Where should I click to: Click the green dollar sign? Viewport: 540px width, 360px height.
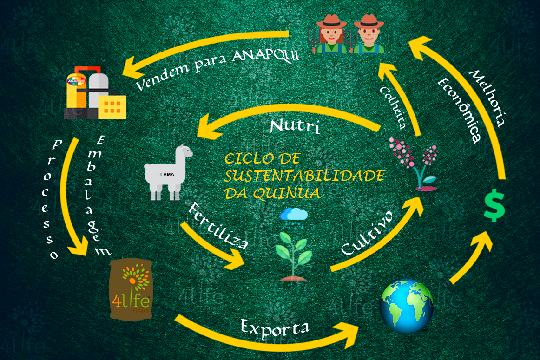tap(494, 207)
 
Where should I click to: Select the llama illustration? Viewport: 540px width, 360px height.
tap(167, 173)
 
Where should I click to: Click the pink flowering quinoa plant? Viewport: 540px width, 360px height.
tap(414, 162)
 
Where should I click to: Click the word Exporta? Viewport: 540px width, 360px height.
tap(275, 327)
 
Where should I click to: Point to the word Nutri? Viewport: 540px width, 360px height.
tap(294, 126)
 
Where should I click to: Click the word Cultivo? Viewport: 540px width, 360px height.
tap(367, 233)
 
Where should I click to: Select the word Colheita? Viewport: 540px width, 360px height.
tap(393, 107)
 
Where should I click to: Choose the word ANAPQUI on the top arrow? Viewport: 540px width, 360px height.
tap(265, 56)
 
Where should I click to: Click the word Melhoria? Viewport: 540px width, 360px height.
tap(487, 98)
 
